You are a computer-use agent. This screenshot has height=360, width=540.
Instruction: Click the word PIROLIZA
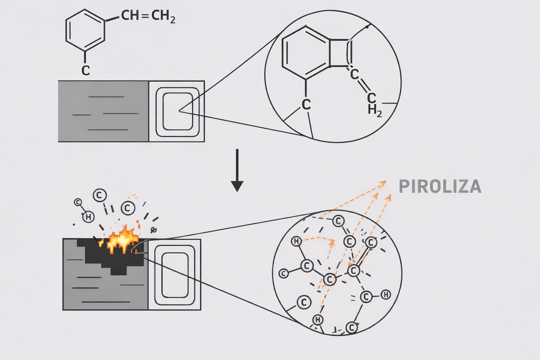click(x=440, y=187)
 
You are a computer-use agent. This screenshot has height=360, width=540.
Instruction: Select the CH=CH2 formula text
click(x=148, y=16)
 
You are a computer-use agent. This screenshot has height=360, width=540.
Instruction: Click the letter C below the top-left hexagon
click(x=85, y=70)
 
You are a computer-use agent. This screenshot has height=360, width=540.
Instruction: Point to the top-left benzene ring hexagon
click(x=85, y=30)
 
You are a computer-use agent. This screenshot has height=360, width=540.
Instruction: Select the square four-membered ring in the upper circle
click(x=339, y=53)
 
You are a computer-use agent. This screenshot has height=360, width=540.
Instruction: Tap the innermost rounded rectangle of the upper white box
click(x=178, y=111)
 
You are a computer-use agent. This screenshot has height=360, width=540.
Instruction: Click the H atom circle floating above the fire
click(x=89, y=217)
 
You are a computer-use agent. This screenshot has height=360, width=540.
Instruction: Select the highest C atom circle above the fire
click(x=100, y=195)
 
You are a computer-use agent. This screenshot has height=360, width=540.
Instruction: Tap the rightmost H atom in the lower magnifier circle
click(x=386, y=295)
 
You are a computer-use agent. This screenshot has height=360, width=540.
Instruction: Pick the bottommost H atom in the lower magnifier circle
click(x=318, y=320)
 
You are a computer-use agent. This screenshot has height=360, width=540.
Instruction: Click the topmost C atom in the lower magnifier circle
click(x=338, y=221)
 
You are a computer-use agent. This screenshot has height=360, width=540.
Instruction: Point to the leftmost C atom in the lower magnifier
click(x=283, y=273)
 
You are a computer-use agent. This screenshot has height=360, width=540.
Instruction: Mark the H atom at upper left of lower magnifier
click(x=296, y=241)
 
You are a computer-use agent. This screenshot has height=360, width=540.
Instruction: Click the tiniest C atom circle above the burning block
click(x=78, y=202)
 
